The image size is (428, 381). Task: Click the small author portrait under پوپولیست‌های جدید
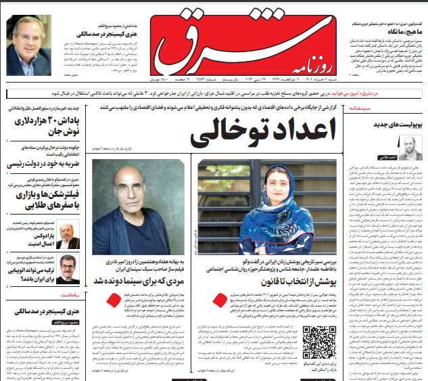point(410,147)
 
